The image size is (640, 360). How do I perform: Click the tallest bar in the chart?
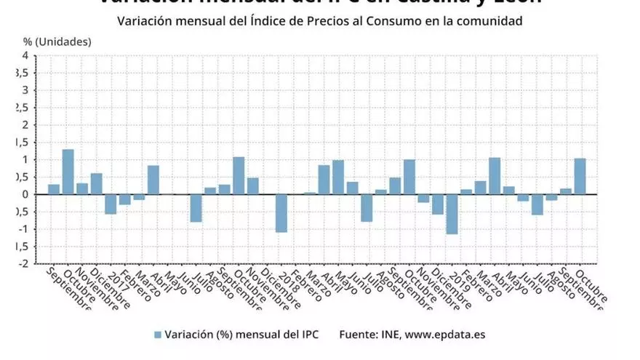68,172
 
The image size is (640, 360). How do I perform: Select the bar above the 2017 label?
111,204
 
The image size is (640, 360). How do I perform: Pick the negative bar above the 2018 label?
281,212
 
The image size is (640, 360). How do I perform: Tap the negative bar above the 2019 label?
452,214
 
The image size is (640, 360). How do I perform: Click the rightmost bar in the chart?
580,176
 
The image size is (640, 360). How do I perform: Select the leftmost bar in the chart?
54,189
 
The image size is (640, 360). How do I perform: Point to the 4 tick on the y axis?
25,56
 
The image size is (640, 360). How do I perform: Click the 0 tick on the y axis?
25,194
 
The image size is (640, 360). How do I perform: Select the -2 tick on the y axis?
24,264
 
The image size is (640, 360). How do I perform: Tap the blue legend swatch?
157,335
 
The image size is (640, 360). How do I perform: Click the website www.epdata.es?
444,335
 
